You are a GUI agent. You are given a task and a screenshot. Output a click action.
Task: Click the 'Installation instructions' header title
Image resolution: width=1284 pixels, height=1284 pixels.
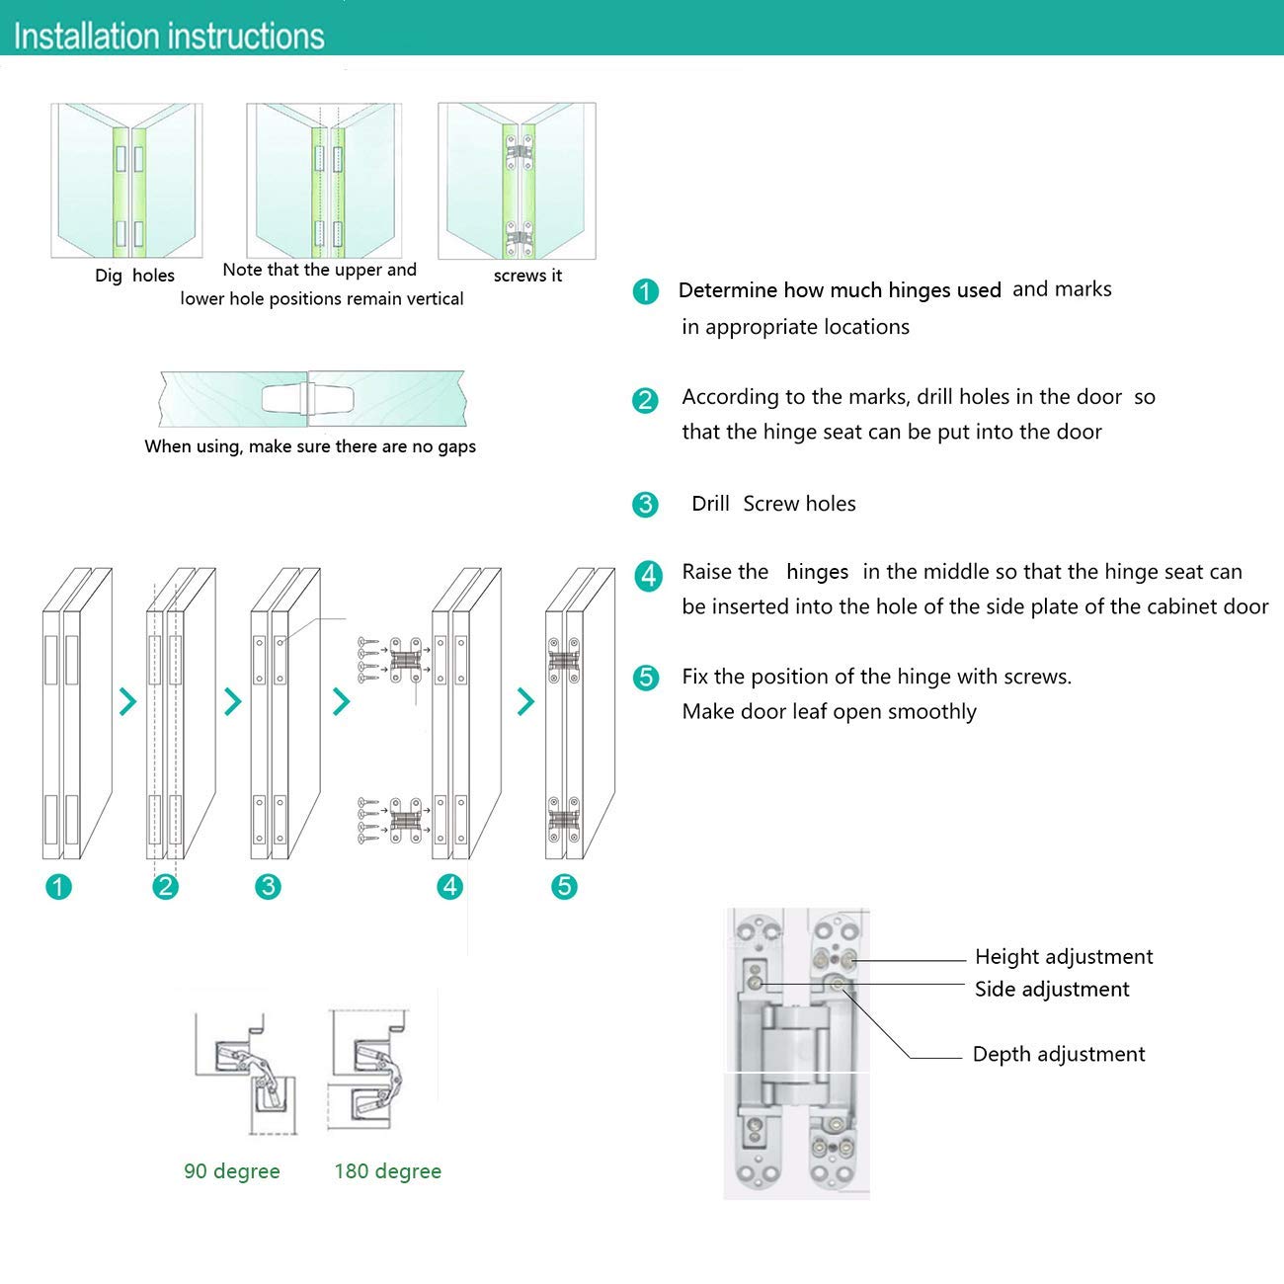[x=169, y=37]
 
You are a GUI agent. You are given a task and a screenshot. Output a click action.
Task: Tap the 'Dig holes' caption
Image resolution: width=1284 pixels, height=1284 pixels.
[x=134, y=276]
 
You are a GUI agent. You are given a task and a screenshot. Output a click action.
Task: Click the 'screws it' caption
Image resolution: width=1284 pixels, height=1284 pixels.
[x=527, y=276]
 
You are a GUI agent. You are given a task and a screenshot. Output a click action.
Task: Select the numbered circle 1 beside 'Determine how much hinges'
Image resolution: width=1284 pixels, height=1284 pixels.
[x=646, y=291]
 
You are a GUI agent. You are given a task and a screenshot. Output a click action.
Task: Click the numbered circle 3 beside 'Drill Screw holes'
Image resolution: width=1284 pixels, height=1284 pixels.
[x=645, y=505]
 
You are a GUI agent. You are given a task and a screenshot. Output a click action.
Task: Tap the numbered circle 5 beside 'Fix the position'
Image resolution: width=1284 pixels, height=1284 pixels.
[x=646, y=678]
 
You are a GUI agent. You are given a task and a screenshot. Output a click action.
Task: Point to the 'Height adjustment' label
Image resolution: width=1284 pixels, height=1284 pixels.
[x=1063, y=956]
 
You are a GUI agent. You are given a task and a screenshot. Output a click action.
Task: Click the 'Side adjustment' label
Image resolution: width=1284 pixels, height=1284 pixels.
[x=1051, y=989]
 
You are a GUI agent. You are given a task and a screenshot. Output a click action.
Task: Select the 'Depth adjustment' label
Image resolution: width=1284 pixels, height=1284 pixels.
[x=1059, y=1054]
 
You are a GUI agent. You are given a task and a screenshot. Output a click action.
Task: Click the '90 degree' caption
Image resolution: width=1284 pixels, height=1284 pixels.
[x=232, y=1171]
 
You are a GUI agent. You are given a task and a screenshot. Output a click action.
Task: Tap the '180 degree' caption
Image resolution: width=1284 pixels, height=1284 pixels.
[x=387, y=1171]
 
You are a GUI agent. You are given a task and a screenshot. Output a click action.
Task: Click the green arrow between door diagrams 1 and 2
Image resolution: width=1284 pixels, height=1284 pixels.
[x=127, y=702]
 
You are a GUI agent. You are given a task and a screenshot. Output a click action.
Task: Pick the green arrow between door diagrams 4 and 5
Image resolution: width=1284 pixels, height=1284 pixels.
[x=525, y=702]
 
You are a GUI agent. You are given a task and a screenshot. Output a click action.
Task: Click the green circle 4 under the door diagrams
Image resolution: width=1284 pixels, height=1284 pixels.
[x=450, y=886]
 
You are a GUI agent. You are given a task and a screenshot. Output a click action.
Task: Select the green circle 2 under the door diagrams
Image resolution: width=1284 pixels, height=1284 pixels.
[x=165, y=886]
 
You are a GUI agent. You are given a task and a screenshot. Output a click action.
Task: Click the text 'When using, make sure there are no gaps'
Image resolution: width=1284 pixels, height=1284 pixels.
[x=309, y=446]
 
